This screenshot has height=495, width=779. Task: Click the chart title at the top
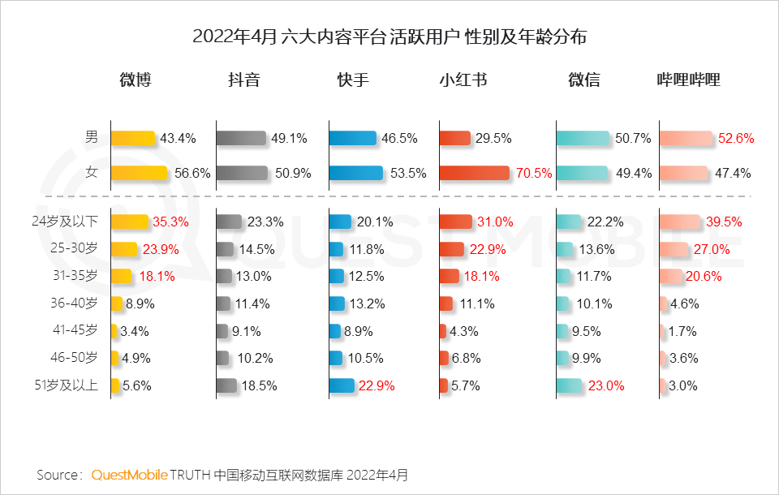pyautogui.click(x=389, y=37)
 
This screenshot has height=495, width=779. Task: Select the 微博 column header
pyautogui.click(x=136, y=80)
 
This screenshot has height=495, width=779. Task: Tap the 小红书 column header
pyautogui.click(x=463, y=80)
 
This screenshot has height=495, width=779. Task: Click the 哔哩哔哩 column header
pyautogui.click(x=688, y=80)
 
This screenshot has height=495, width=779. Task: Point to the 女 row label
pyautogui.click(x=92, y=173)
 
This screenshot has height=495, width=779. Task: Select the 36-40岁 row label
pyautogui.click(x=75, y=303)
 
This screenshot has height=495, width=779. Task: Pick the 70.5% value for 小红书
pyautogui.click(x=534, y=173)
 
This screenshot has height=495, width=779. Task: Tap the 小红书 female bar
pyautogui.click(x=474, y=173)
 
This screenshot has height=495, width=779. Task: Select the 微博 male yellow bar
pyautogui.click(x=132, y=139)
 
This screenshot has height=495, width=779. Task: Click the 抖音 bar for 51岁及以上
pyautogui.click(x=226, y=385)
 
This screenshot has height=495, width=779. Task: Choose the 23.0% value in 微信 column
pyautogui.click(x=605, y=386)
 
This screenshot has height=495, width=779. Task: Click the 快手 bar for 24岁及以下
pyautogui.click(x=340, y=222)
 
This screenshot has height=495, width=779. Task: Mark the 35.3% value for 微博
pyautogui.click(x=171, y=222)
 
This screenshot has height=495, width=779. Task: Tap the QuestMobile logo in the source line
pyautogui.click(x=130, y=474)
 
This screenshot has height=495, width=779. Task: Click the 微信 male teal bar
pyautogui.click(x=582, y=139)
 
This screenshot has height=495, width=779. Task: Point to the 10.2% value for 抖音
pyautogui.click(x=256, y=359)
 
